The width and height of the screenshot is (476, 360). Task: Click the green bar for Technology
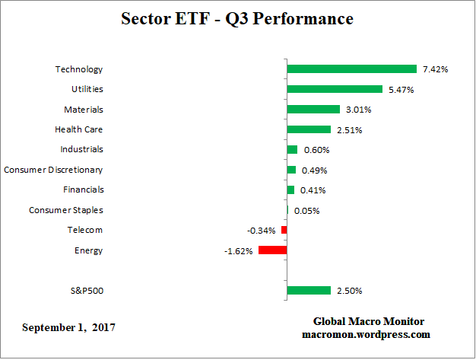(x=351, y=69)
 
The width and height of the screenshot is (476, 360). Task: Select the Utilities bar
(x=335, y=89)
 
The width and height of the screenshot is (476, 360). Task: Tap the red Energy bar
(x=272, y=250)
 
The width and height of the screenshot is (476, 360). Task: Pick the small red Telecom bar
(x=284, y=230)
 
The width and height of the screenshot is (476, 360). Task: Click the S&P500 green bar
(x=309, y=290)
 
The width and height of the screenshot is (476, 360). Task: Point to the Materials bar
(x=313, y=110)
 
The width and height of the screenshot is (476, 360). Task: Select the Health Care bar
(x=309, y=129)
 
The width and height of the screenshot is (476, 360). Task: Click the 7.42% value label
(x=435, y=69)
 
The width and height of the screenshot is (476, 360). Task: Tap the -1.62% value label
(x=240, y=250)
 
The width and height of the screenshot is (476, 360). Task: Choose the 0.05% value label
(x=306, y=211)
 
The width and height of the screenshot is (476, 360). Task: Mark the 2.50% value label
(x=350, y=291)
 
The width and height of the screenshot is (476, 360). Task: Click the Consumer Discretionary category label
(x=53, y=170)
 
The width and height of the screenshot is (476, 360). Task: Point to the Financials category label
(x=83, y=190)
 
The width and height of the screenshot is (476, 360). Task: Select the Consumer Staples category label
(x=65, y=210)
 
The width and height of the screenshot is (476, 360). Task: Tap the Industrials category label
(x=81, y=149)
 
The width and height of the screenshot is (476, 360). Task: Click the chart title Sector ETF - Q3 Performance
(x=237, y=18)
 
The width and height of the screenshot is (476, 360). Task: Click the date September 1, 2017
(x=69, y=327)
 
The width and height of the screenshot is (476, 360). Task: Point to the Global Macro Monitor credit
(x=368, y=321)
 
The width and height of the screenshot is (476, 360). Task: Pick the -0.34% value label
(x=262, y=230)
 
